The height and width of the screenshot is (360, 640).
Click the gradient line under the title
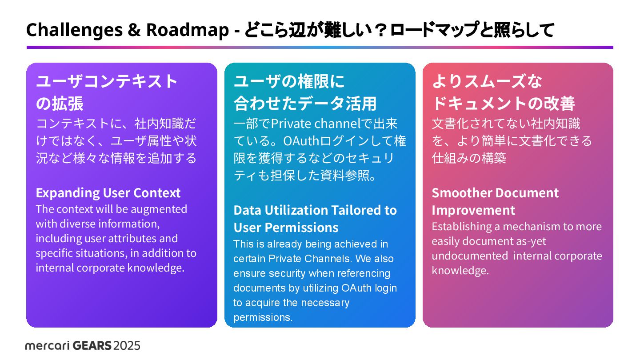click(x=320, y=47)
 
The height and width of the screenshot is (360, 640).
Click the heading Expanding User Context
click(x=108, y=193)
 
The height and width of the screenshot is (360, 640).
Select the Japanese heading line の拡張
click(x=60, y=104)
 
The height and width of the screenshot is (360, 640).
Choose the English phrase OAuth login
click(x=369, y=288)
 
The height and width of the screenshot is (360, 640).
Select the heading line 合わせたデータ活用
click(x=305, y=104)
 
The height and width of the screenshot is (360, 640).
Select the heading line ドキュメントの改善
click(x=503, y=104)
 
